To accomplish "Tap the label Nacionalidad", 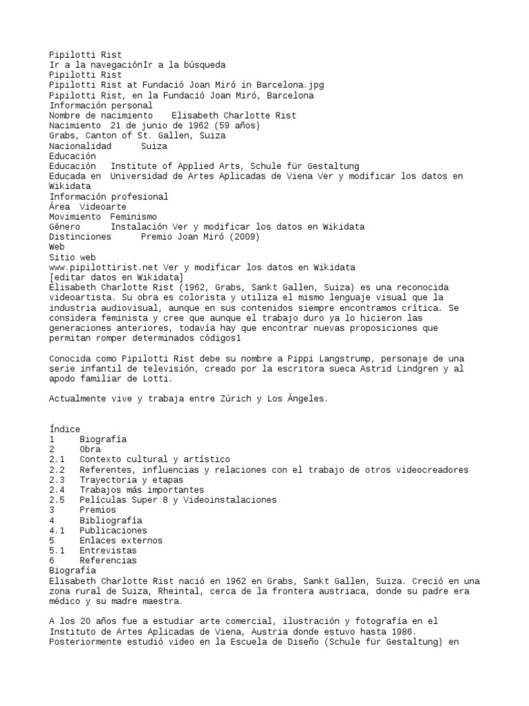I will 80,146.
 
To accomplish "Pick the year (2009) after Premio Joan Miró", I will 245,236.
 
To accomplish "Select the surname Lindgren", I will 402,369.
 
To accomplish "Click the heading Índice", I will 65,429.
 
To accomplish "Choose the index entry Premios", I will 98,510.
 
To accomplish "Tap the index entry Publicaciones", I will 113,531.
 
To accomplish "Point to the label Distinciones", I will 80,236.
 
